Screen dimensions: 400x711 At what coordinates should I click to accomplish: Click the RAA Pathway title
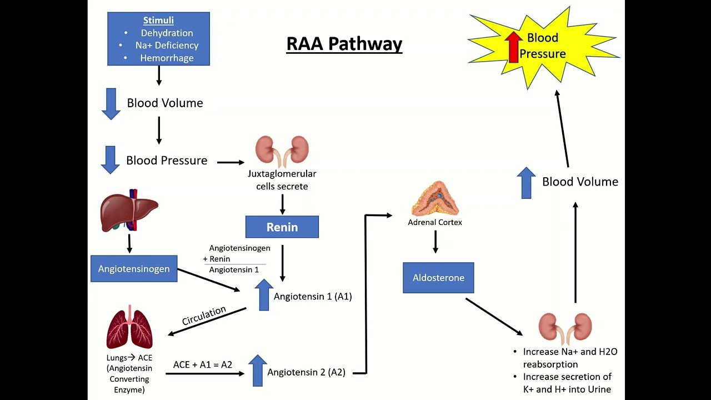(344, 43)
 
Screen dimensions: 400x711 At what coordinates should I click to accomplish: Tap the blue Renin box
(282, 227)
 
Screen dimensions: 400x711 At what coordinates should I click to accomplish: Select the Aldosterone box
(438, 278)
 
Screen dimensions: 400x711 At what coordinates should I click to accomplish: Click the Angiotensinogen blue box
(134, 269)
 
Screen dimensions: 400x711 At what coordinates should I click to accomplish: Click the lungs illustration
(129, 328)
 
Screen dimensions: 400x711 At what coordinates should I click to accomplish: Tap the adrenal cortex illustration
(435, 199)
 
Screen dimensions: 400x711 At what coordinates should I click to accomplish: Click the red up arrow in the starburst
(514, 46)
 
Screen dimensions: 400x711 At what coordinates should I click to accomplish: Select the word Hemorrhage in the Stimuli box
(167, 58)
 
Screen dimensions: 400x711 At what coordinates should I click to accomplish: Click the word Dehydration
(167, 33)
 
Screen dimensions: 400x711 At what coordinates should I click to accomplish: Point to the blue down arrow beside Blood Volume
(111, 104)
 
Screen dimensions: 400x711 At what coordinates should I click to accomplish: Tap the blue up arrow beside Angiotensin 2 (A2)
(257, 371)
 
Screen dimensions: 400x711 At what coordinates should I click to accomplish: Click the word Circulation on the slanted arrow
(204, 316)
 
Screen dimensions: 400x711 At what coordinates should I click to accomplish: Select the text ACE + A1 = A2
(203, 364)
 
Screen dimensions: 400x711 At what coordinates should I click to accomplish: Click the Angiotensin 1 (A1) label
(313, 296)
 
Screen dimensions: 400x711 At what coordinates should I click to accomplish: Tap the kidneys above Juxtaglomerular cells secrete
(282, 151)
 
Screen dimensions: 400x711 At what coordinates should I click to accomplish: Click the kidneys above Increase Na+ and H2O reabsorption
(565, 328)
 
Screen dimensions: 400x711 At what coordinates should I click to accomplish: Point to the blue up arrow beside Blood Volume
(527, 183)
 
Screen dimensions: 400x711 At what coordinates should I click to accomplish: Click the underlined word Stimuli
(158, 21)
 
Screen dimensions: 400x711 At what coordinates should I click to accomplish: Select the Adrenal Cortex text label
(435, 222)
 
